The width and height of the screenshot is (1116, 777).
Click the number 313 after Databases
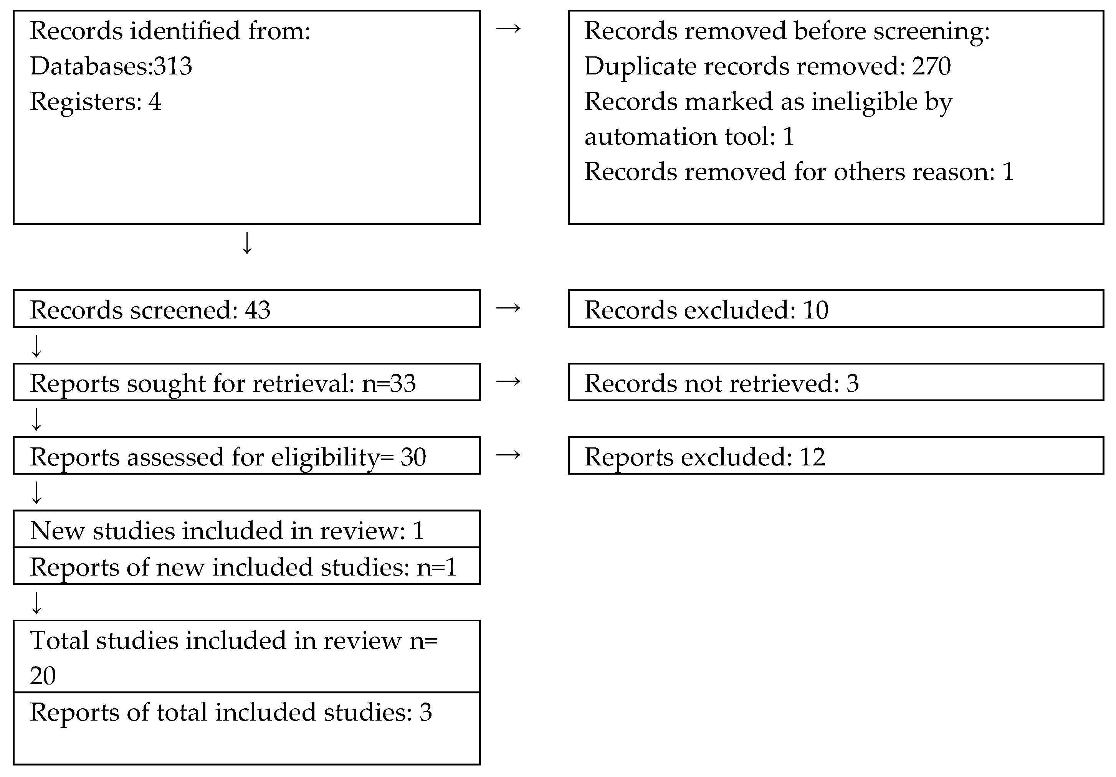point(172,66)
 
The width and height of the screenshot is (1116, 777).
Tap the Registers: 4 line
point(95,102)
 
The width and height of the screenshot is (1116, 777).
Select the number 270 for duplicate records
point(931,66)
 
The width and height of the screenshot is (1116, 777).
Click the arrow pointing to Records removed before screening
point(508,29)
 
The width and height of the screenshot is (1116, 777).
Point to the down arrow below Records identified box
point(247,243)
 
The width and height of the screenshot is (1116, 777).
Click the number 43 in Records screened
point(257,310)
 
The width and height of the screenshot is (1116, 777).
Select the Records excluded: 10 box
point(835,309)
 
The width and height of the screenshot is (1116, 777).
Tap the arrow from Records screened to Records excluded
point(508,308)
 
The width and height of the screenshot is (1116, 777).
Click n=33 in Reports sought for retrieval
point(389,383)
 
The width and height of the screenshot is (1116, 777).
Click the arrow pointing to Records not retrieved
point(508,381)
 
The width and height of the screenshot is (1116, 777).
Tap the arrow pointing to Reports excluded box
point(508,455)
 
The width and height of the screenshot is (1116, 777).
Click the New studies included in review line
point(227,530)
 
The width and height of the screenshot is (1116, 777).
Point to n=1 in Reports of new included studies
point(436,567)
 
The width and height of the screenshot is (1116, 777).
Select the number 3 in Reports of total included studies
point(425,713)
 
